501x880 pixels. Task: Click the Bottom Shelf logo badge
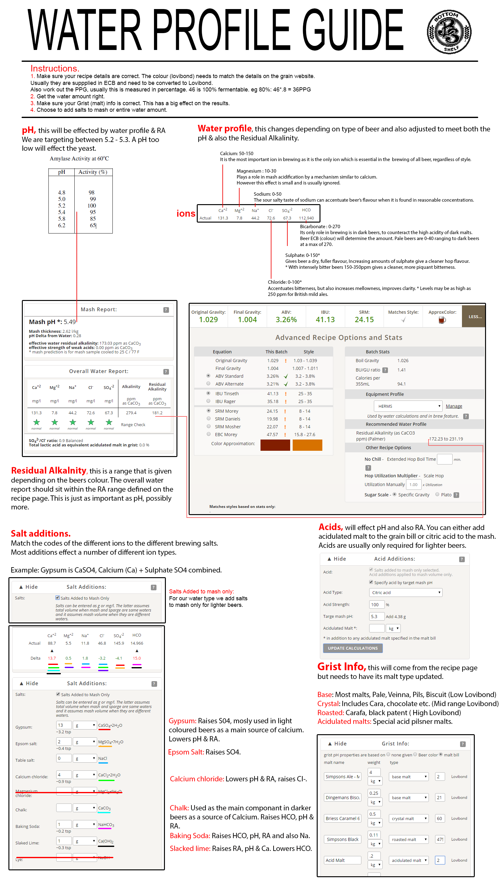[449, 32]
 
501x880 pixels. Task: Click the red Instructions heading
[55, 68]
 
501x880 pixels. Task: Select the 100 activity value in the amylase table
[92, 206]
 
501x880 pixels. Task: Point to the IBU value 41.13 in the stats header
[325, 320]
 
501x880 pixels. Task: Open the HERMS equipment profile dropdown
[408, 406]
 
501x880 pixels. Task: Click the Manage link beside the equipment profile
[454, 406]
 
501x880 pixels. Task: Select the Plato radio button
[437, 494]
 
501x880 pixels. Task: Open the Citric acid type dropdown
[405, 592]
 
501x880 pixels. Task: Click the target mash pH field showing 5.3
[376, 617]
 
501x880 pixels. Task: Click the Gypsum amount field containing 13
[64, 725]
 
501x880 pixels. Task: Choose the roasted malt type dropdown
[409, 839]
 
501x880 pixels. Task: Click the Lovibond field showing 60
[439, 819]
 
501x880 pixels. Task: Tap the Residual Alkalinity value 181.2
[157, 413]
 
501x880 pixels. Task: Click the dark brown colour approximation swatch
[275, 445]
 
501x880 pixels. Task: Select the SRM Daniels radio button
[209, 419]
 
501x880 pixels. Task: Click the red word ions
[186, 214]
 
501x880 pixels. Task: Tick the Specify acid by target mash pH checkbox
[371, 582]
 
